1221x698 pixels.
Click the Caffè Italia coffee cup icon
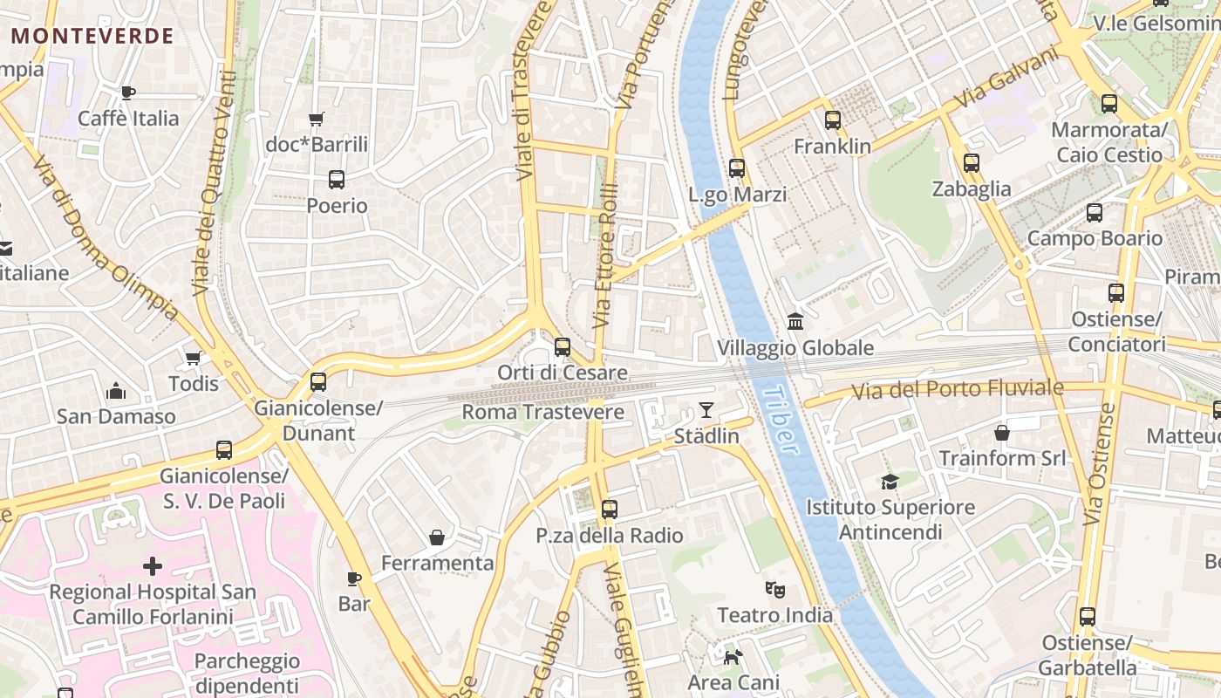[x=128, y=92]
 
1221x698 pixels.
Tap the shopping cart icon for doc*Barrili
[x=316, y=119]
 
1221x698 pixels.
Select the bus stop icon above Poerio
[x=336, y=180]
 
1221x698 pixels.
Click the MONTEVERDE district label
[x=92, y=36]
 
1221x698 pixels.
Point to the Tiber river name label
[x=780, y=420]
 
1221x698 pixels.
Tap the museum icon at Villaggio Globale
[x=795, y=322]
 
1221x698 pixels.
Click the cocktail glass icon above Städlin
[x=706, y=409]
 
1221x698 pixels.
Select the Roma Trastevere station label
[x=542, y=412]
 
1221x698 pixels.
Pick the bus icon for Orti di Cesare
[x=563, y=347]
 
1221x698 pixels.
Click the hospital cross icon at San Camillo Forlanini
[x=153, y=566]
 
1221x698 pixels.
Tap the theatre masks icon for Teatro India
[x=774, y=590]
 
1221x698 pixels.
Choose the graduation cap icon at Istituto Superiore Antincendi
[x=890, y=482]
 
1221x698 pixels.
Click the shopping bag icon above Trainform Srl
[x=1002, y=433]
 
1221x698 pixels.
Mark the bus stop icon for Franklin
[x=833, y=120]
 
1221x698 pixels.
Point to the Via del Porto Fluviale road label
[x=957, y=389]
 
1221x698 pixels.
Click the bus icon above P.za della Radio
[x=609, y=510]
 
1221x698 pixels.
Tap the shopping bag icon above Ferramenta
[x=437, y=537]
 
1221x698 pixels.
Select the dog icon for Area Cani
[x=733, y=656]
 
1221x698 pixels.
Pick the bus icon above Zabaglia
[x=971, y=163]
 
